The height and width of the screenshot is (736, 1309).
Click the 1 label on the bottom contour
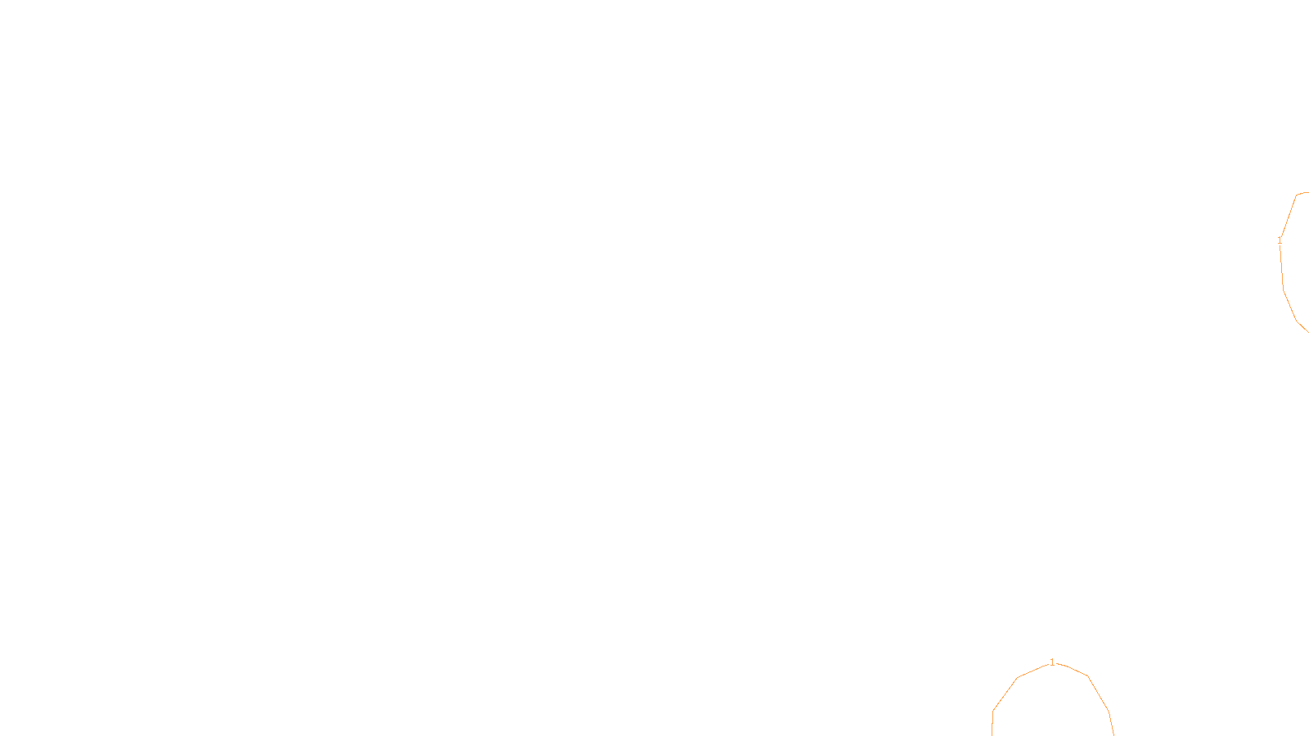[1052, 662]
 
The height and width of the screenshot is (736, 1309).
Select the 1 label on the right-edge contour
[1280, 240]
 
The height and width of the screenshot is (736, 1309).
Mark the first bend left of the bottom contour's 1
[1018, 678]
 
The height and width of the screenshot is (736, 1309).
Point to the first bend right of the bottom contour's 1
[1087, 676]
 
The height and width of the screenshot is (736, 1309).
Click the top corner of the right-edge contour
[1298, 194]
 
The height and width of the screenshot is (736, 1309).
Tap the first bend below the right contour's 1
[1283, 288]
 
